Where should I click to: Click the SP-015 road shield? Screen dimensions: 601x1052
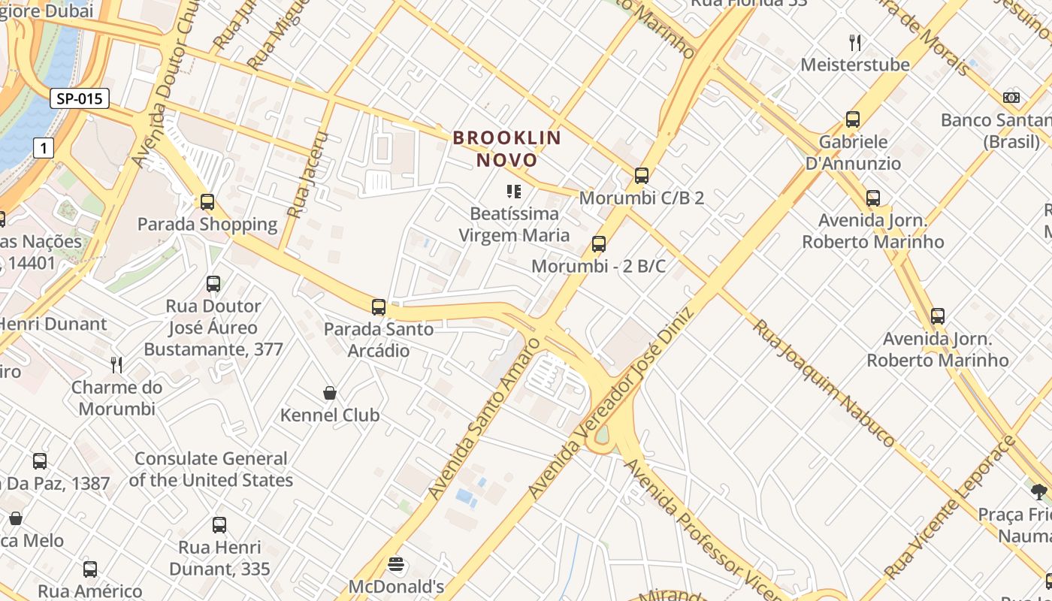(80, 98)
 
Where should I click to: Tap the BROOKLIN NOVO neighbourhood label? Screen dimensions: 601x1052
(507, 149)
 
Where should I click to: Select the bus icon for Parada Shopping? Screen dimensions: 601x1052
(207, 202)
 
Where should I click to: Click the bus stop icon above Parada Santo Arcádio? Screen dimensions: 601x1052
(379, 307)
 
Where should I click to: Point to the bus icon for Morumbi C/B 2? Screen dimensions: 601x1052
(641, 176)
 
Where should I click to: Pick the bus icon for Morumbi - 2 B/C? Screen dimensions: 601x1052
(599, 244)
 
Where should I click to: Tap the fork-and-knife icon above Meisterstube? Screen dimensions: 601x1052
(854, 42)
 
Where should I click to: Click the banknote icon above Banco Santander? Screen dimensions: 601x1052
(1011, 98)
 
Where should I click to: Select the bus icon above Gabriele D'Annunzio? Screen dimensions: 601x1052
(853, 119)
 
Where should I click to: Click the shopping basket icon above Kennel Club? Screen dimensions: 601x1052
(329, 393)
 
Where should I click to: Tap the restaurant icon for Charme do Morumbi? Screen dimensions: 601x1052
(116, 365)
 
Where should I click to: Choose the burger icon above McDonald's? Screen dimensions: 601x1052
(396, 564)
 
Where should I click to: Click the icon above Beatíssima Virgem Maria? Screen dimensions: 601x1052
(514, 192)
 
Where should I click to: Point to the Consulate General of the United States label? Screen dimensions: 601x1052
(210, 470)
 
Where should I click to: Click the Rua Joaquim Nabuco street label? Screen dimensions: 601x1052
(824, 383)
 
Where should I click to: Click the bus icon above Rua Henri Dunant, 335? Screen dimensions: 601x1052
(219, 525)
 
